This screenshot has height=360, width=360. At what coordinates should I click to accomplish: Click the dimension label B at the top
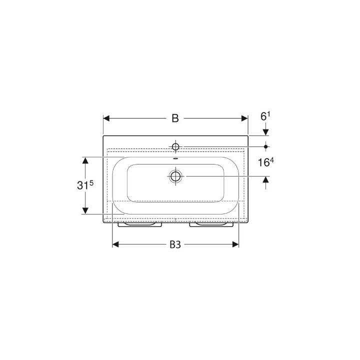click(x=175, y=118)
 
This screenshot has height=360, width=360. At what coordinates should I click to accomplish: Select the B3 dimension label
click(x=175, y=244)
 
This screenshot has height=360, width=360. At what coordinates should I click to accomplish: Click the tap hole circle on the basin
click(x=175, y=146)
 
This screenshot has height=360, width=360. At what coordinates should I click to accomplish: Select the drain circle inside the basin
click(x=175, y=176)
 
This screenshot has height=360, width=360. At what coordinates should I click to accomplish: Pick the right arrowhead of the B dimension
click(x=244, y=118)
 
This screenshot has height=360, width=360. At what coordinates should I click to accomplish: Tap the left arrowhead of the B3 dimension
click(x=115, y=244)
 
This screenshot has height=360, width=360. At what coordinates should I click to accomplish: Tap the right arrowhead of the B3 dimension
click(x=235, y=244)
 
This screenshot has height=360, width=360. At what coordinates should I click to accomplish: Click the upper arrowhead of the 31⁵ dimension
click(x=85, y=160)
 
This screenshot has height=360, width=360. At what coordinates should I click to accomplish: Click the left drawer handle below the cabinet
click(x=139, y=225)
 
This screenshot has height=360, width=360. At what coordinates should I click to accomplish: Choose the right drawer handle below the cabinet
click(x=212, y=225)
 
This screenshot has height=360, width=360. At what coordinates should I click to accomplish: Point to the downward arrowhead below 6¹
click(x=265, y=131)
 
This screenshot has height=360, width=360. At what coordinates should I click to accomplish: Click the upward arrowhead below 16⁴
click(x=265, y=180)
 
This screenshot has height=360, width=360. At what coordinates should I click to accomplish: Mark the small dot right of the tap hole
click(x=266, y=146)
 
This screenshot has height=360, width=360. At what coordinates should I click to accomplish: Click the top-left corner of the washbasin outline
click(x=103, y=135)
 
